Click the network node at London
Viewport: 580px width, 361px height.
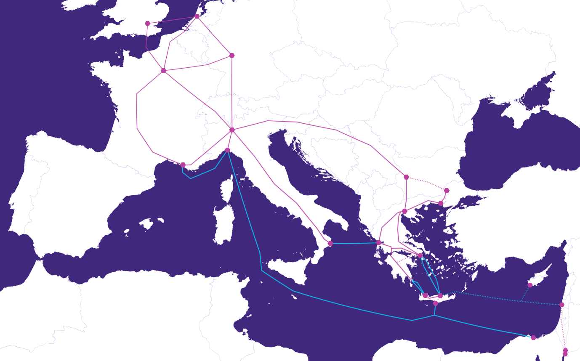pos(147,24)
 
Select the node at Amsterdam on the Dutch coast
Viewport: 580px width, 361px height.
pos(197,16)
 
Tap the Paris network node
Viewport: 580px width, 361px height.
pos(163,71)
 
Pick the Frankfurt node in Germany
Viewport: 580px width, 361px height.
pos(232,56)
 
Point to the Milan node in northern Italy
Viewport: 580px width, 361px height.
pos(232,130)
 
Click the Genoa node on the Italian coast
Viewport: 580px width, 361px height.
pos(227,150)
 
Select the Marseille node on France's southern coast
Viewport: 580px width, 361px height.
pos(183,165)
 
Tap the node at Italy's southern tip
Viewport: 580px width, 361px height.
pos(330,244)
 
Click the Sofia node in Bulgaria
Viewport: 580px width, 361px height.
pos(406,177)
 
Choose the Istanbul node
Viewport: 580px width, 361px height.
pos(447,191)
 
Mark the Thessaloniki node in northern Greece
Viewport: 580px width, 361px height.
pos(404,211)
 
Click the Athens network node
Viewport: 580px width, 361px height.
pos(420,255)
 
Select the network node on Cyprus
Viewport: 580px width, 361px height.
pos(530,285)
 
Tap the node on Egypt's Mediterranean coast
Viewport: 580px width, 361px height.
pos(533,337)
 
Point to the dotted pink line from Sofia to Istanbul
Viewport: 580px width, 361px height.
pos(427,182)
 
